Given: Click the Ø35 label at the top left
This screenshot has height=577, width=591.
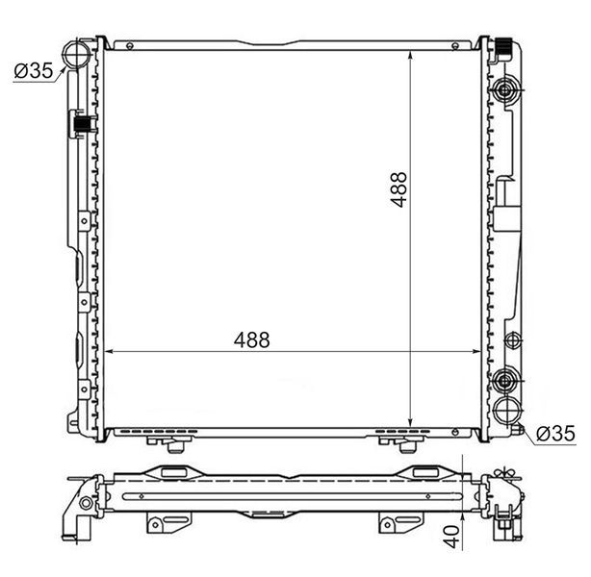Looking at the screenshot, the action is (34, 70).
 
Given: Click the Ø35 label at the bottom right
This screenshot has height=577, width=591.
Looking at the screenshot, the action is (555, 434).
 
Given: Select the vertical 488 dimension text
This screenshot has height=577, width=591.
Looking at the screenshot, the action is (398, 189).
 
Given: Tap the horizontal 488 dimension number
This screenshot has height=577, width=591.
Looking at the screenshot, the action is (252, 339).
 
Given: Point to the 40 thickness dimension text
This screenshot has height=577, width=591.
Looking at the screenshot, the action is (452, 537).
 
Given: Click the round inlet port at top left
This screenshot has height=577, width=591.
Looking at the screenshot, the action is (76, 53).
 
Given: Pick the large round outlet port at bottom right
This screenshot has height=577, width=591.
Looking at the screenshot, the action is (507, 411).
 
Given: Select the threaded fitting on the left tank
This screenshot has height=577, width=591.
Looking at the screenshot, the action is (83, 124).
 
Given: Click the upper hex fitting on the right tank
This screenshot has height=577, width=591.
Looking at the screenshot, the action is (504, 90).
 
